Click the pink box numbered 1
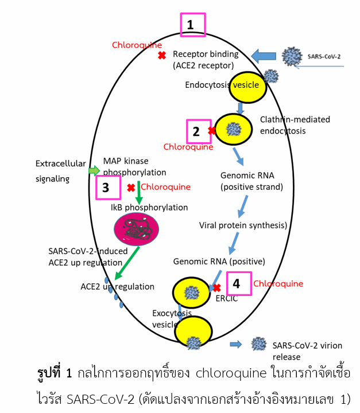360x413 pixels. coord(192,25)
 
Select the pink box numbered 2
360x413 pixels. coord(196,131)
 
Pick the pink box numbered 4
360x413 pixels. coord(238,283)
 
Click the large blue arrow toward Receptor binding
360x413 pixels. coord(264,56)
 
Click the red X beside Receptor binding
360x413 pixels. coord(162,56)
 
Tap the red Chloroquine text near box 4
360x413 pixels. coord(278,283)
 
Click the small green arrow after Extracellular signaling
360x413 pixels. coord(94,170)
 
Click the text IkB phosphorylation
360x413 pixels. coord(149,206)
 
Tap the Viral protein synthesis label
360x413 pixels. coord(243,225)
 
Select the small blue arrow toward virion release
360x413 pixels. coord(235,344)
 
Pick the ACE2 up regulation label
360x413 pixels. coord(117,286)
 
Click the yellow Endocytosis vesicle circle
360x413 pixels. coord(247,85)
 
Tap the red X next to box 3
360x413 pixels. coord(131,188)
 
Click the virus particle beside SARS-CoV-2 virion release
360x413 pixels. coord(258,344)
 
